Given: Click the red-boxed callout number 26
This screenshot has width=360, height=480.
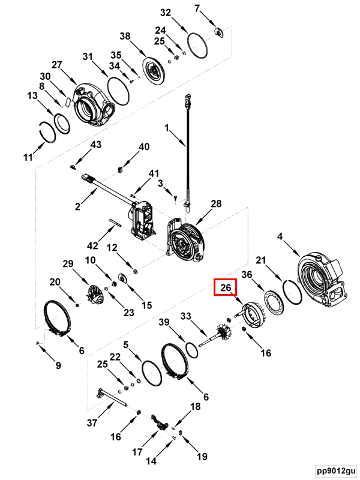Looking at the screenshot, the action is pos(226,287).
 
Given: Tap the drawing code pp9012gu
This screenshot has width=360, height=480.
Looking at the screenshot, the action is pos(336,470).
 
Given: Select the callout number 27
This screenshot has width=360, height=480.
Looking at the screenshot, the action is pos(56,65).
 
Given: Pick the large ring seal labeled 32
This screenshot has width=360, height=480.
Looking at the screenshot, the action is pos(197,46).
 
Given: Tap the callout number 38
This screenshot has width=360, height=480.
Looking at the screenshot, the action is pos(125,36).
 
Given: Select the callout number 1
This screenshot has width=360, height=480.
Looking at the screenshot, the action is pos(167,127).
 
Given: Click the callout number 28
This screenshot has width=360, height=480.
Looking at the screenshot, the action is pos(216,203).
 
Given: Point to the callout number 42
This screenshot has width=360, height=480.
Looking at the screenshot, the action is pos(92,245).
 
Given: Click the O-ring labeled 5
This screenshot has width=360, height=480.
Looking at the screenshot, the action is pos(152,373).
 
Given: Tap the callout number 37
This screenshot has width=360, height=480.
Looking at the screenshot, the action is pos(92,423).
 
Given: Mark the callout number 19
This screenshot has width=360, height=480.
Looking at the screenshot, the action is pos(202,457).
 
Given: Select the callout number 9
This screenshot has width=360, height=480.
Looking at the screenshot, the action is pos(58,365).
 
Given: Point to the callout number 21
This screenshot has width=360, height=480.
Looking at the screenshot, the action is pos(261,260).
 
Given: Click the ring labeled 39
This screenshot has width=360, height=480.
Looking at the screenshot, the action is pos(191,350).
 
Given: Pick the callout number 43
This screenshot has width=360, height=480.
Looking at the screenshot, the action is pos(96,144).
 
